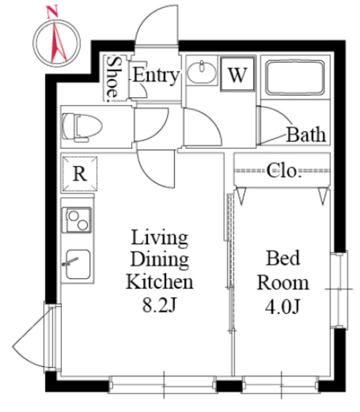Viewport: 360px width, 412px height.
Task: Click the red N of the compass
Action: point(52,12)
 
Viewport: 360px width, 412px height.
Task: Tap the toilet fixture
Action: point(82,127)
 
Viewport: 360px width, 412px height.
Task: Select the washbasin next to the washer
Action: point(202,71)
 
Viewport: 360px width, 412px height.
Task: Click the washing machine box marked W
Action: point(238,74)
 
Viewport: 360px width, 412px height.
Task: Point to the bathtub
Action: point(295,77)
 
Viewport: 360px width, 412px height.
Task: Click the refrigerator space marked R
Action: point(80,173)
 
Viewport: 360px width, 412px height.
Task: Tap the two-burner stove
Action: point(77,220)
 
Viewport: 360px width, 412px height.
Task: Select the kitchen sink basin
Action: point(78,264)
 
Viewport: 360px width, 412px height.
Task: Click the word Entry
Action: point(156,76)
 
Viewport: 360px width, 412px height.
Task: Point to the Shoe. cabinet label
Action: point(113,79)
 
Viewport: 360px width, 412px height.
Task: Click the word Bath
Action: point(306,135)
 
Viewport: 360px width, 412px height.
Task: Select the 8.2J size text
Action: point(159,304)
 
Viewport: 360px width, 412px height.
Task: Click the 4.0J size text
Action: point(283,306)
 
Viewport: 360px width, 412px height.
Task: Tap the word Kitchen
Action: point(160,282)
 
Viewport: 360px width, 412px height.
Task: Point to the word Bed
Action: point(283,258)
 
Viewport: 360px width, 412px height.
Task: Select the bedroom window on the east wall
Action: point(339,290)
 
